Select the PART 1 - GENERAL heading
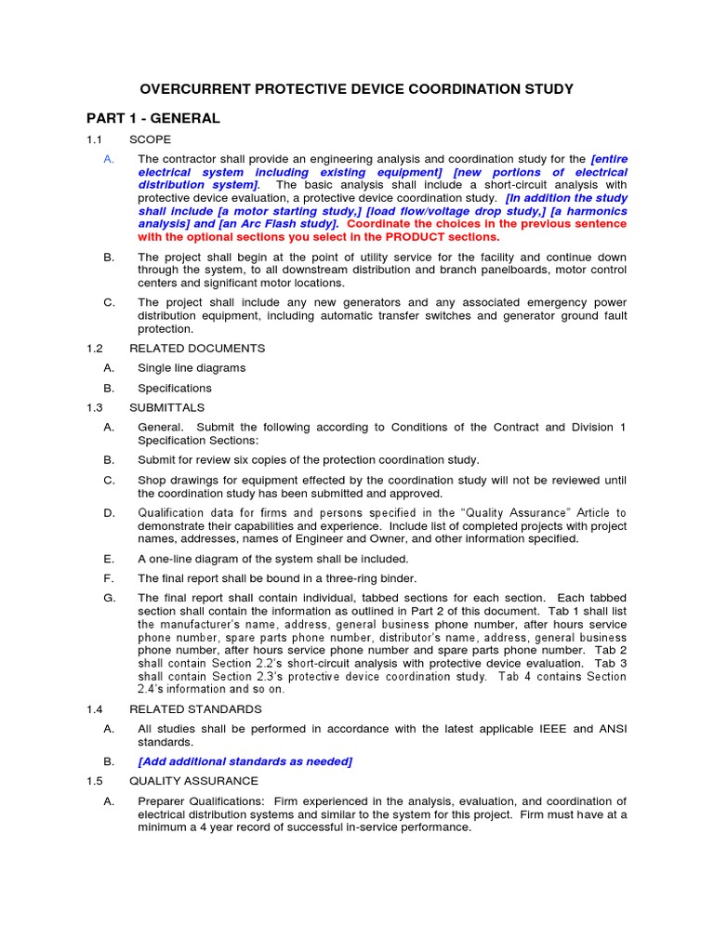tap(153, 118)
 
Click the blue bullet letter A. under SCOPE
tap(109, 159)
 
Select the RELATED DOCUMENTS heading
tap(196, 348)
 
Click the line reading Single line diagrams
tap(192, 368)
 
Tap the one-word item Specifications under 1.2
tap(175, 389)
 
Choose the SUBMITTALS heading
tap(166, 408)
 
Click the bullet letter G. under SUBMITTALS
tap(109, 598)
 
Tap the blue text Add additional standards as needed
tap(245, 761)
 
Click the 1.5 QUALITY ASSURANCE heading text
tap(193, 781)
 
